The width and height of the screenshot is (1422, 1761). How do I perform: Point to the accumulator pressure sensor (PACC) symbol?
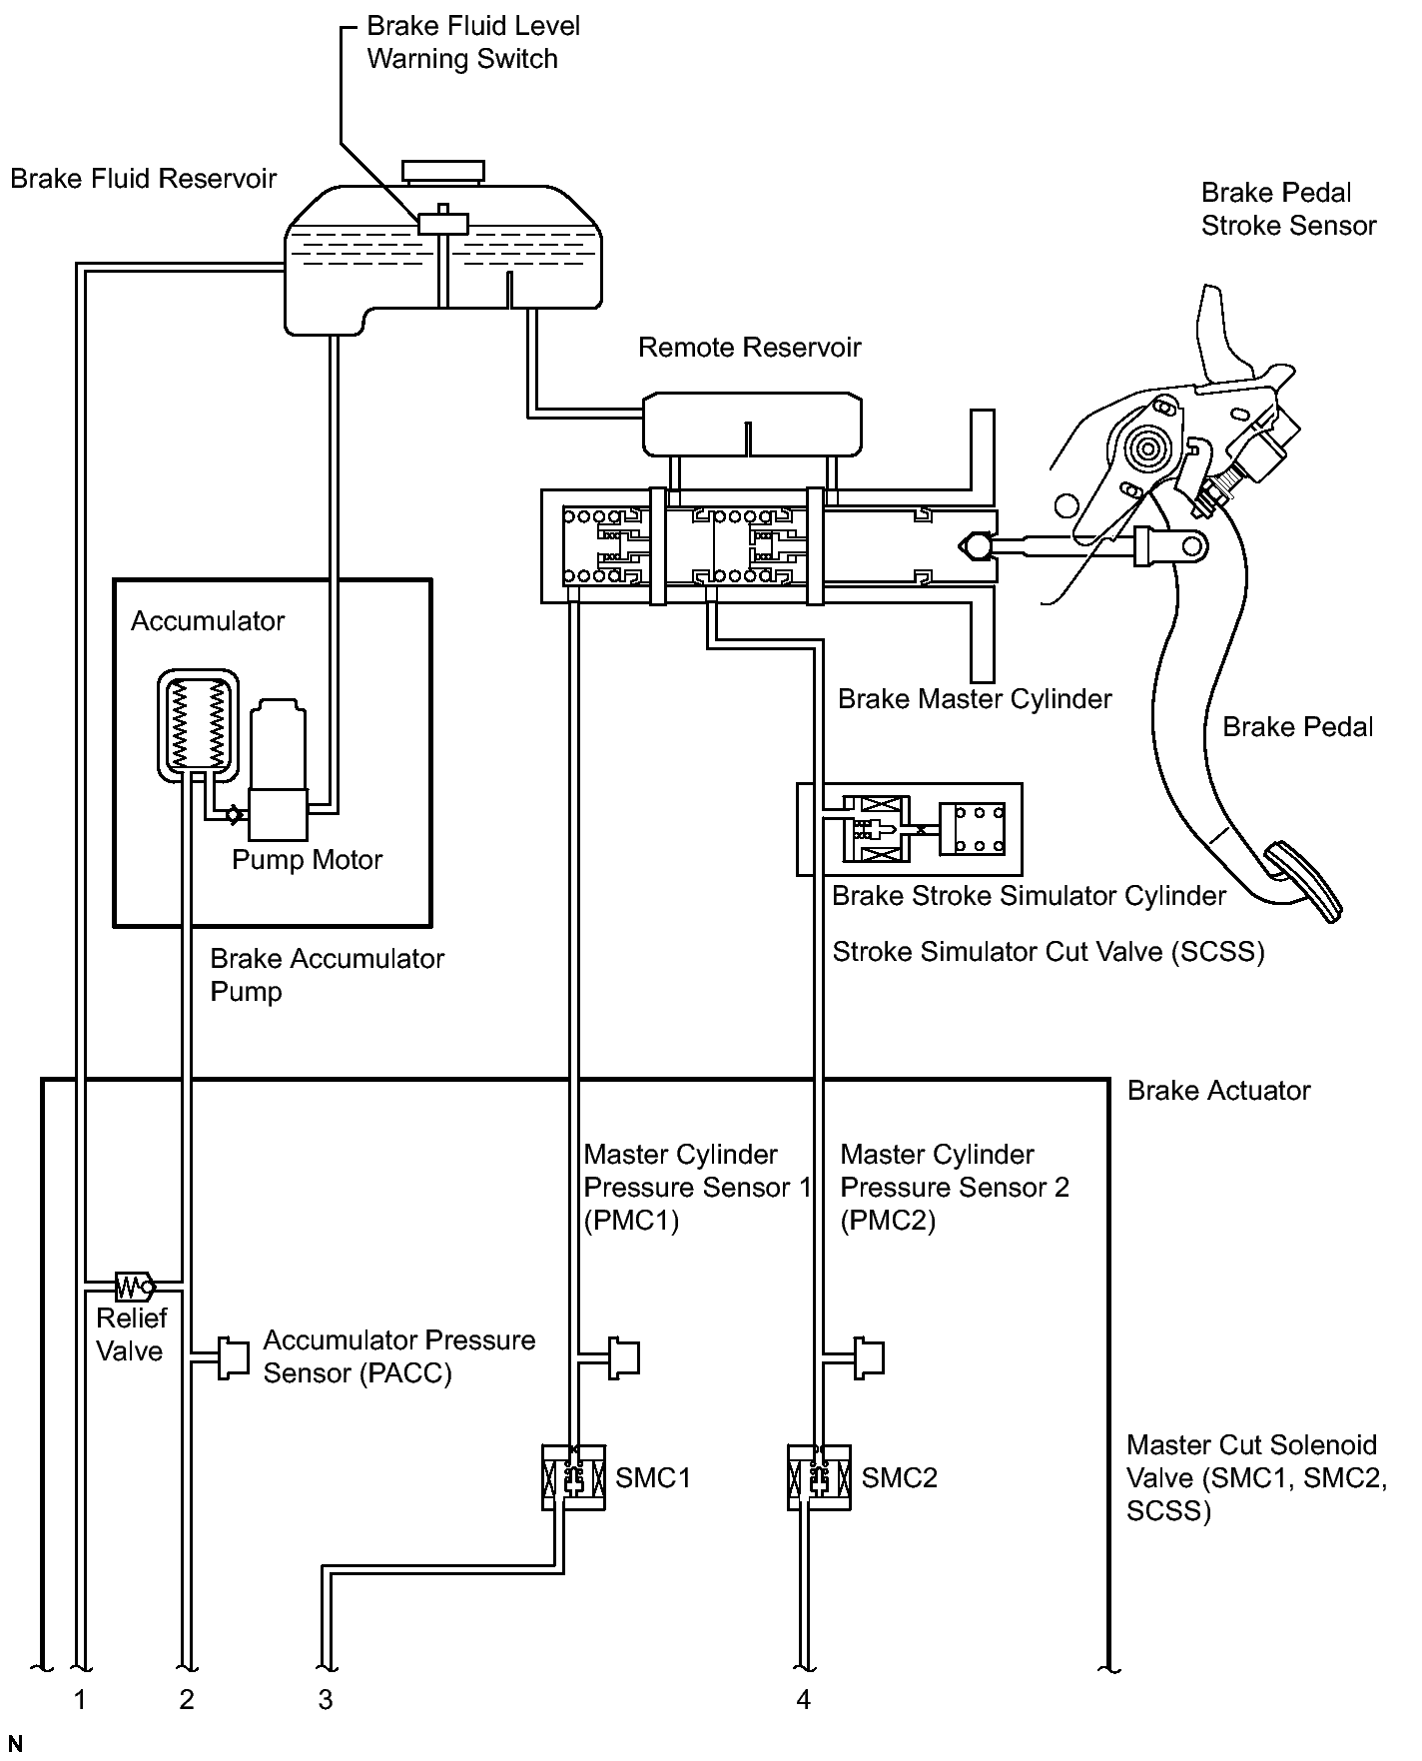(232, 1357)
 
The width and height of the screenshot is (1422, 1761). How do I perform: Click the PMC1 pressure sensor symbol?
(623, 1357)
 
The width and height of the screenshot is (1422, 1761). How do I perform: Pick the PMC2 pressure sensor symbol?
(868, 1357)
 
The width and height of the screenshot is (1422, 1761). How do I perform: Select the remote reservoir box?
(752, 423)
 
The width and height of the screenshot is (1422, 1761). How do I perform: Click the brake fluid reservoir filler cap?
(445, 172)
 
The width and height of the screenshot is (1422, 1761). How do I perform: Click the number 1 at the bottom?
(80, 1698)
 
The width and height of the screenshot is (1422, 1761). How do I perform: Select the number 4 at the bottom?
(804, 1698)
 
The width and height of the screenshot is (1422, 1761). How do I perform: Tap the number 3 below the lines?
(326, 1698)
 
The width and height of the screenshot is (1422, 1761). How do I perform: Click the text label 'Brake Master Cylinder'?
(975, 698)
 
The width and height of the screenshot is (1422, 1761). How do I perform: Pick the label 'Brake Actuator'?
(1218, 1090)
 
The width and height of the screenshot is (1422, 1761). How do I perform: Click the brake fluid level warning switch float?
(442, 222)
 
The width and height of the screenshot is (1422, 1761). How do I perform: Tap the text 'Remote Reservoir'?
(749, 347)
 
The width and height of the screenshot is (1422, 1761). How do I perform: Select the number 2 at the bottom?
(187, 1698)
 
